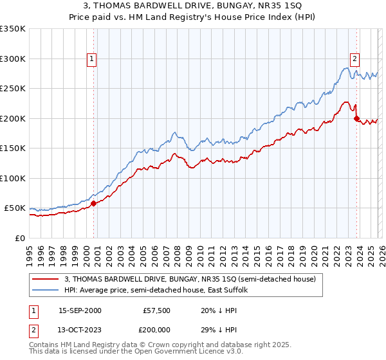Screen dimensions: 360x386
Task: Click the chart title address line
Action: click(x=193, y=7)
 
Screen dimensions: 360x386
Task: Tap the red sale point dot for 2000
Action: click(x=93, y=203)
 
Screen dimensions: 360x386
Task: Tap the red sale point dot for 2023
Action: click(x=356, y=118)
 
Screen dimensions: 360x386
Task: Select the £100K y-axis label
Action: click(x=13, y=178)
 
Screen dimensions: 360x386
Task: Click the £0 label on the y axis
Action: click(x=19, y=238)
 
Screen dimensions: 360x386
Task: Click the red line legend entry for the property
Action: click(x=190, y=280)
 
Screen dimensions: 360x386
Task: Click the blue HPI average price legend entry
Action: click(x=160, y=291)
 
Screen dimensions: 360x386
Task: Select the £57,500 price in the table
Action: click(x=157, y=310)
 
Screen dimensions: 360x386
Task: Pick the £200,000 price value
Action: click(x=157, y=330)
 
